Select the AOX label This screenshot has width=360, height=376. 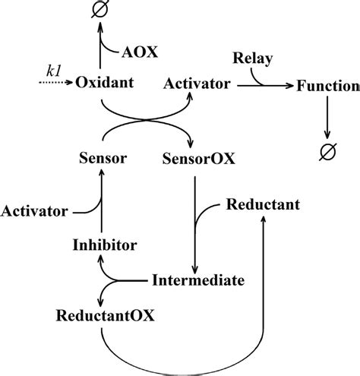tap(141, 53)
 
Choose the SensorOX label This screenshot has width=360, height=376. tap(199, 159)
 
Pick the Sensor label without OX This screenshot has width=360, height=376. tap(103, 159)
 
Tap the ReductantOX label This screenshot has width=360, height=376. tap(106, 314)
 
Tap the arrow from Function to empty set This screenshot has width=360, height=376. tap(327, 118)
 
